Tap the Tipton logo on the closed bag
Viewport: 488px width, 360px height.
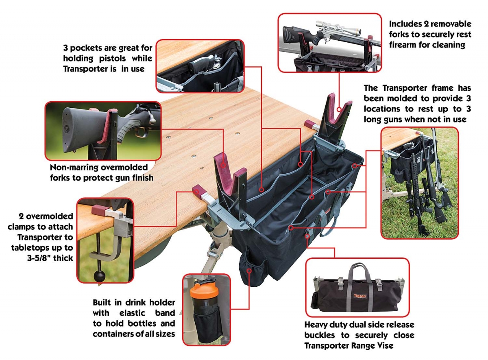[x=360, y=296]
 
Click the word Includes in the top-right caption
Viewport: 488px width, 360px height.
[x=405, y=24]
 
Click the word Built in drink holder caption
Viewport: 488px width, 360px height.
[x=102, y=302]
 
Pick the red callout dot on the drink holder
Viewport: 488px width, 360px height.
[x=249, y=271]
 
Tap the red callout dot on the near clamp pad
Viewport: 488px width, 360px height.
[x=196, y=192]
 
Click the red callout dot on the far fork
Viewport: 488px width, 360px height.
[x=339, y=109]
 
